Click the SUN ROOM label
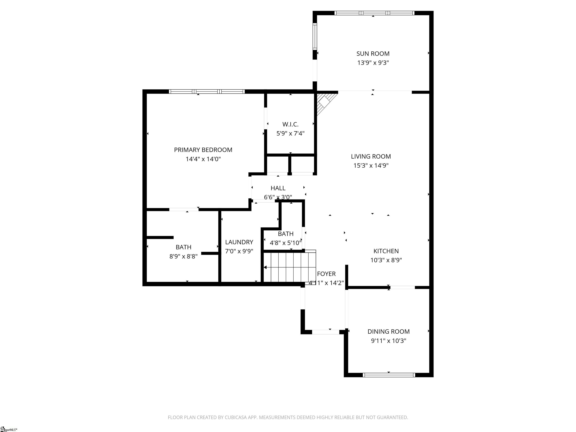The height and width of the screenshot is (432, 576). click(373, 54)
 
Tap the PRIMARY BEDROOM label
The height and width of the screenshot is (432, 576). click(203, 150)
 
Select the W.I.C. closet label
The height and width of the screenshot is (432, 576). click(290, 124)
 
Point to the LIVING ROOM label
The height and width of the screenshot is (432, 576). click(371, 157)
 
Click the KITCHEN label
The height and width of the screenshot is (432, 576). click(386, 251)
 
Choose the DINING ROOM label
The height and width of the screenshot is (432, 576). click(388, 331)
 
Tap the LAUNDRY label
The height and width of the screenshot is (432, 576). click(239, 242)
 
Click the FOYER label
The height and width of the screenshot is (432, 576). click(326, 274)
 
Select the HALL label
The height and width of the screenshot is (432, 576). click(278, 188)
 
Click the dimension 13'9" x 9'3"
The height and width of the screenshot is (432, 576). click(373, 63)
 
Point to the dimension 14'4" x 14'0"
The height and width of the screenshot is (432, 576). click(203, 159)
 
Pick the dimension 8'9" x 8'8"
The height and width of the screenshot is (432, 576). click(183, 256)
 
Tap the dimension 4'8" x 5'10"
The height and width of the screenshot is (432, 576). click(286, 243)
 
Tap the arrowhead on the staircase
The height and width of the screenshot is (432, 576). click(265, 267)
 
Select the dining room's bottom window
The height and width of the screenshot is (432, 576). click(389, 375)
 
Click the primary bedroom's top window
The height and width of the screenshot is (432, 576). click(207, 91)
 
